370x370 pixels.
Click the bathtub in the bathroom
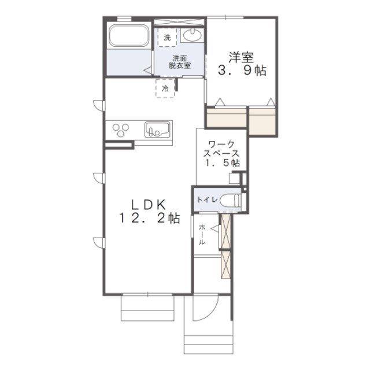pos(129,35)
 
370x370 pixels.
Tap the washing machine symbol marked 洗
pos(167,37)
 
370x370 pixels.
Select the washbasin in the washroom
pos(193,35)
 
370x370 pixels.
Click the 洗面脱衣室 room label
pos(180,62)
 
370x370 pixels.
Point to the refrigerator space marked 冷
pos(165,88)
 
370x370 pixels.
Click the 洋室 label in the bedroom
pos(241,57)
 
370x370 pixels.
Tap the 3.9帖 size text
pos(242,70)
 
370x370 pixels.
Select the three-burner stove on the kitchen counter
pos(121,130)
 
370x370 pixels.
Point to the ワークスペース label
pos(221,149)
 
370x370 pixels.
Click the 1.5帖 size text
pos(222,163)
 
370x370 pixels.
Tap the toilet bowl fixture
pos(230,201)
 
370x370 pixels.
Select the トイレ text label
pos(207,200)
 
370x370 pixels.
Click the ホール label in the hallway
pos(202,235)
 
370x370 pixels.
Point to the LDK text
pos(148,205)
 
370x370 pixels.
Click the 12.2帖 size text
pos(150,219)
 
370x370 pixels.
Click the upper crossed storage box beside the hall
pos(225,231)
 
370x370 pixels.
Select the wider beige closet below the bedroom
pos(227,117)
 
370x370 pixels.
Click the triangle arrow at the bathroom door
pos(148,71)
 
